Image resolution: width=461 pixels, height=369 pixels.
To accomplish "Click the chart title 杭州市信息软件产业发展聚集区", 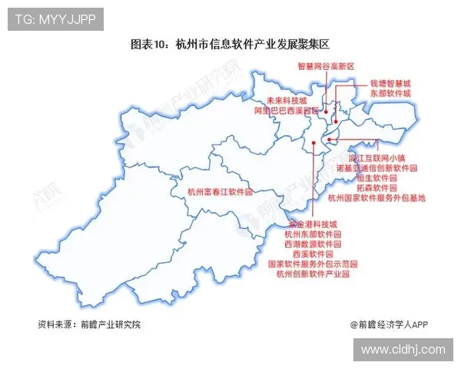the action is (230, 45).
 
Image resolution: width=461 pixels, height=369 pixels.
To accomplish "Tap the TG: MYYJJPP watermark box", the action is (55, 19).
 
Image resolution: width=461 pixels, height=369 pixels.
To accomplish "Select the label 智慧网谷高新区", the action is (326, 66).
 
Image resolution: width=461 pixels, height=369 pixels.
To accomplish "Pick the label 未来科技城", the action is (286, 101).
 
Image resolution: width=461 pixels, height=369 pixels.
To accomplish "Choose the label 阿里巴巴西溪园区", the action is (286, 111).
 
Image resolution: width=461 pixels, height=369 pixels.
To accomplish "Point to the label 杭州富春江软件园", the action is (220, 192).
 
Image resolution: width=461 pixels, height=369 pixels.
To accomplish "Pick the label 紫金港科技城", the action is (311, 224).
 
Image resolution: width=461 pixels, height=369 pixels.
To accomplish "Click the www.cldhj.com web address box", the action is (403, 349).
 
